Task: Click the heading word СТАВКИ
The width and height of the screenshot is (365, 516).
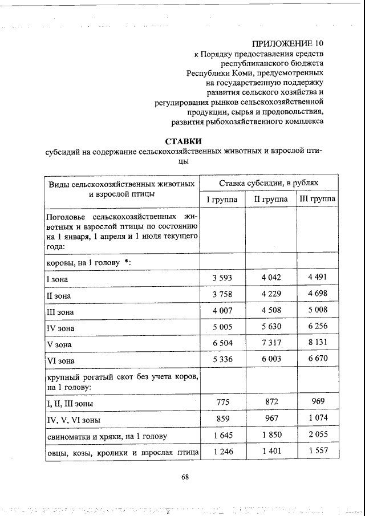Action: point(184,141)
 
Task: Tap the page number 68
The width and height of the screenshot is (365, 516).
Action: point(185,477)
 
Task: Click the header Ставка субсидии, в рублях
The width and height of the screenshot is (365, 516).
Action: point(269,182)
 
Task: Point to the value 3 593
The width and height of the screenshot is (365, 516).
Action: point(222,278)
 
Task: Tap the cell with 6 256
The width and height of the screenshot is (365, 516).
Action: point(317,327)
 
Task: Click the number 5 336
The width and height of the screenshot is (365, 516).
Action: point(222,360)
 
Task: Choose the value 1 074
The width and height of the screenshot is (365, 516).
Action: point(317,419)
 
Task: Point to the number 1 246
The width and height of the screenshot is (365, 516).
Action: point(222,452)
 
